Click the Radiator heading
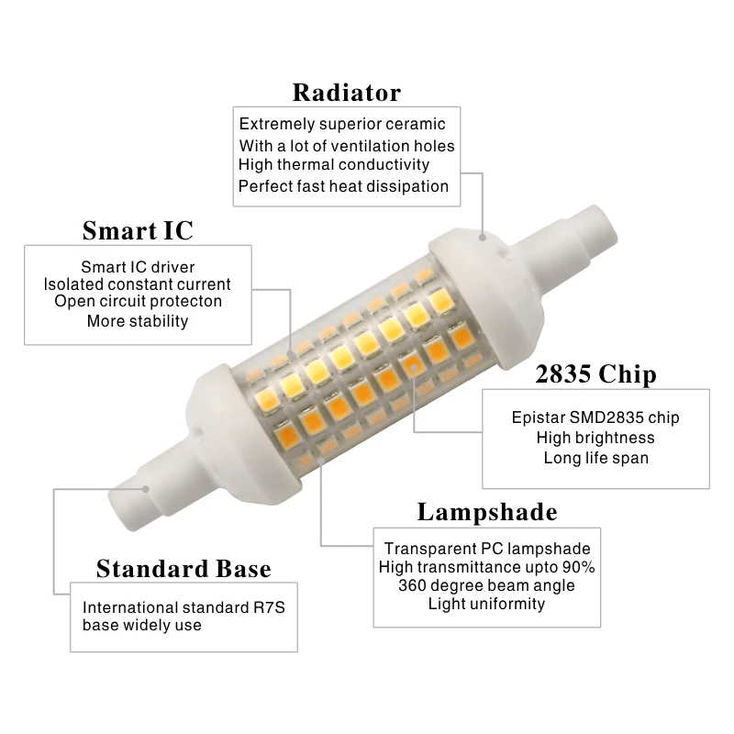pyautogui.click(x=347, y=93)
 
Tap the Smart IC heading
pyautogui.click(x=138, y=230)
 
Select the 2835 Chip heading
pyautogui.click(x=595, y=374)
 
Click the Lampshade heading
pyautogui.click(x=487, y=512)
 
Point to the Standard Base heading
pyautogui.click(x=183, y=569)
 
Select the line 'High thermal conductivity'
pyautogui.click(x=334, y=165)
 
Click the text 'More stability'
pyautogui.click(x=138, y=321)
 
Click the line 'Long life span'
pyautogui.click(x=595, y=458)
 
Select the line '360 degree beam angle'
pyautogui.click(x=486, y=585)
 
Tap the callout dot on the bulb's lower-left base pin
pyautogui.click(x=146, y=489)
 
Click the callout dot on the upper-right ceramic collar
pyautogui.click(x=483, y=238)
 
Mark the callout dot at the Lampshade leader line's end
pyautogui.click(x=321, y=461)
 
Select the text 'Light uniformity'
pyautogui.click(x=487, y=604)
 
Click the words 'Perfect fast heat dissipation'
pyautogui.click(x=343, y=186)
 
